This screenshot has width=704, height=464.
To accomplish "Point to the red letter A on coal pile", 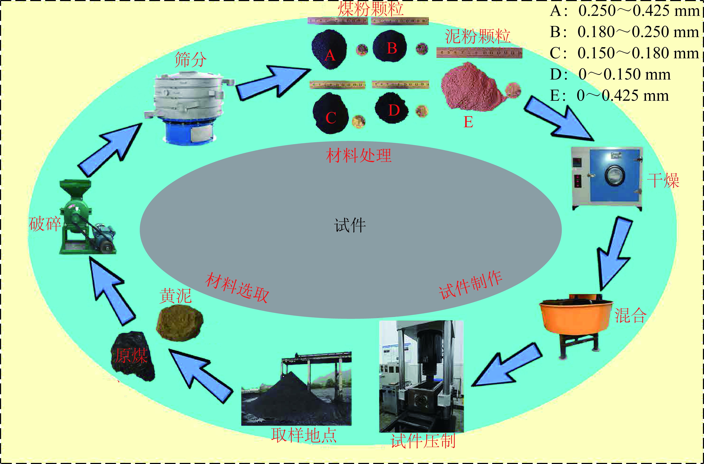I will (330, 55).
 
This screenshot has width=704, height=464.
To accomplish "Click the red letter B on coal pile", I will (392, 48).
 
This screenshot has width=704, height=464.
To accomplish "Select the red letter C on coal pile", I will (331, 118).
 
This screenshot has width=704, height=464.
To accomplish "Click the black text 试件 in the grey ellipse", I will (350, 226).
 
